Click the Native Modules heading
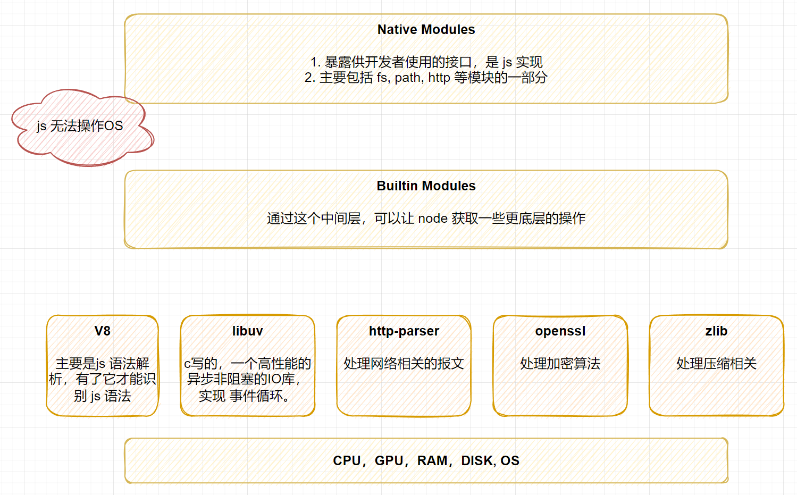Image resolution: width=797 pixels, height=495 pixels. tap(426, 30)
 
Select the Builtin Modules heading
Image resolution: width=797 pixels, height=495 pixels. tap(426, 186)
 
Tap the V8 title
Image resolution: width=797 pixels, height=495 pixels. tap(103, 331)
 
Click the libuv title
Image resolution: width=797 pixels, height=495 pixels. tap(247, 331)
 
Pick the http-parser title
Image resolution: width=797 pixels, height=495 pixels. tap(404, 331)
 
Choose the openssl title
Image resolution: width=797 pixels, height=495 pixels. tap(560, 331)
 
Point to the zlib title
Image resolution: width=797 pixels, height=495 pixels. tap(716, 331)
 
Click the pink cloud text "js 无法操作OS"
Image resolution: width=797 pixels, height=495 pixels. tap(80, 126)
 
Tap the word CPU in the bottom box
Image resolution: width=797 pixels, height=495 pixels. tap(347, 460)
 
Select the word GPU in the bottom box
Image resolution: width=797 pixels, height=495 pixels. tap(389, 460)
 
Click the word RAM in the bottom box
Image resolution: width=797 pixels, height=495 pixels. tap(432, 460)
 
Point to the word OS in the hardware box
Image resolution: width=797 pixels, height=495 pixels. tap(510, 460)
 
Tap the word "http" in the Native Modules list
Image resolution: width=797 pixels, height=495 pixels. tap(439, 78)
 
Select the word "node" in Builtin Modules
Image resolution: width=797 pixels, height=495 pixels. tap(433, 218)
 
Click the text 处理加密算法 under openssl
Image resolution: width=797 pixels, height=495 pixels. tap(560, 363)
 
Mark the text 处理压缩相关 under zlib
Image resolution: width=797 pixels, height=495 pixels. tap(716, 363)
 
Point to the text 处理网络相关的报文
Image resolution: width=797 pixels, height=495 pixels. tap(404, 363)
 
